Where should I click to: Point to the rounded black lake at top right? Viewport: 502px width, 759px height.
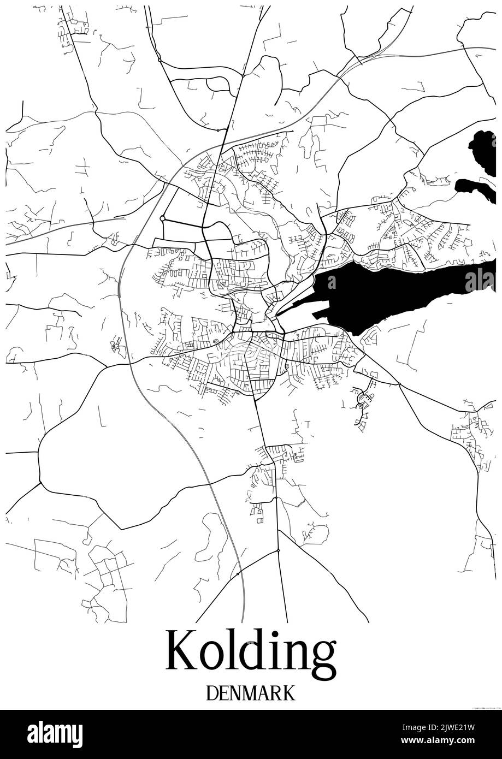(481, 150)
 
